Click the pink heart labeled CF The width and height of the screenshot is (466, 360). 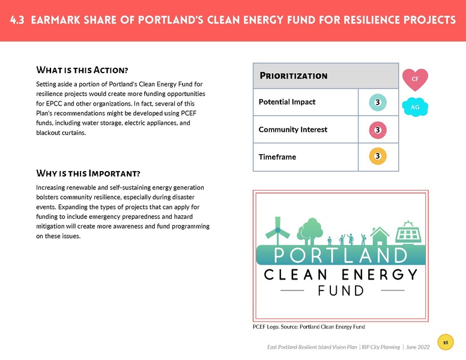pos(415,79)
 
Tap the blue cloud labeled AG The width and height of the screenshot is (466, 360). pos(414,106)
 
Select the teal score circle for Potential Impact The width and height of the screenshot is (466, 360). pos(377,103)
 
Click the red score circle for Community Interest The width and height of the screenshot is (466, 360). pos(377,130)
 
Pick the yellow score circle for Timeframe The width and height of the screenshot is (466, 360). pos(377,157)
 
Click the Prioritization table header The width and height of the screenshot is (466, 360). pos(294,76)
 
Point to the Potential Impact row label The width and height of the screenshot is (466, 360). pos(287,103)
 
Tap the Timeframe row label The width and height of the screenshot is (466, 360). pos(277,157)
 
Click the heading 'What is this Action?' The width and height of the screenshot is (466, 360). pos(83,70)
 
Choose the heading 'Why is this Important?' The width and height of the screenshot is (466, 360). pos(88,174)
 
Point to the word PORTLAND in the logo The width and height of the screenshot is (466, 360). pos(340,255)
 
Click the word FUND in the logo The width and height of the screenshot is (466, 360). pos(340,292)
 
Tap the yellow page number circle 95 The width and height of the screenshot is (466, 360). pos(446,343)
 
